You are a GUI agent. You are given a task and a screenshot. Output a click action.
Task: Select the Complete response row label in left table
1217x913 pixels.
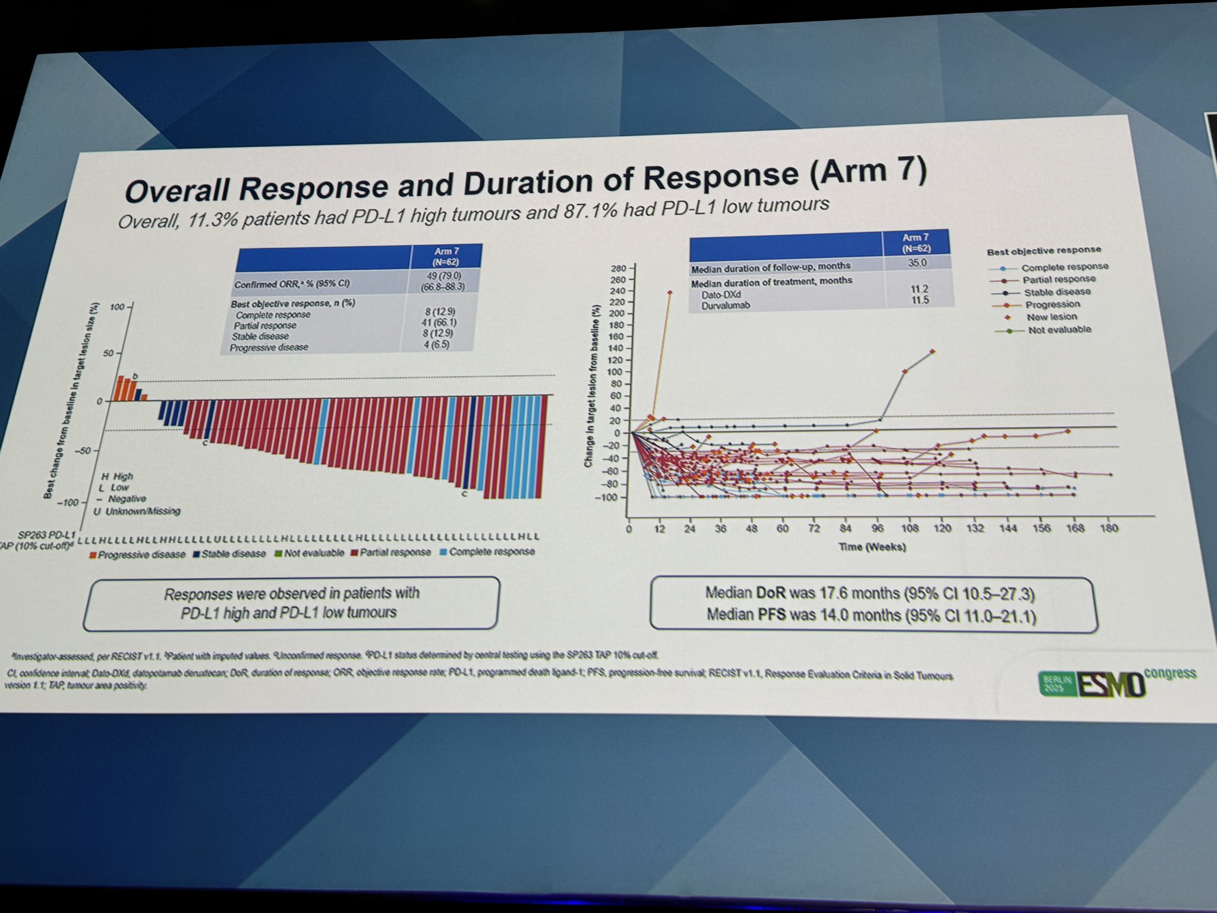pos(273,315)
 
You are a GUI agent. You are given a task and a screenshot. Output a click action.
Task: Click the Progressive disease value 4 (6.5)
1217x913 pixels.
pos(436,345)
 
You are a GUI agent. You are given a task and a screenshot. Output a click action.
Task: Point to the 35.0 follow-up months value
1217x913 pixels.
pos(917,263)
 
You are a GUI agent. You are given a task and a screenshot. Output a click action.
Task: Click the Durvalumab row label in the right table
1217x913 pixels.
pos(726,306)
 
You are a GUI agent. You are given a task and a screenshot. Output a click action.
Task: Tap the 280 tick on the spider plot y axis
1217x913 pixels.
pos(618,269)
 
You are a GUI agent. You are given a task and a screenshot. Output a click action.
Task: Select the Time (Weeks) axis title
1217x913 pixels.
pos(872,547)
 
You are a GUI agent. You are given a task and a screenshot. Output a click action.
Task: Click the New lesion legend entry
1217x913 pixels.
pos(1051,317)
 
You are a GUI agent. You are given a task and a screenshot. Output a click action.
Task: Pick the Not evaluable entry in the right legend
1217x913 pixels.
pos(1059,330)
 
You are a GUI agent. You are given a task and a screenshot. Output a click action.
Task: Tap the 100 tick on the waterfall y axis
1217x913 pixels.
pos(117,307)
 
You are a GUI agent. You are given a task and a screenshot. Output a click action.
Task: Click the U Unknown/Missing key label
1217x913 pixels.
pos(137,511)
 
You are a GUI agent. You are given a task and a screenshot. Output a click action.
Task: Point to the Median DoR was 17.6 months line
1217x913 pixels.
pos(870,594)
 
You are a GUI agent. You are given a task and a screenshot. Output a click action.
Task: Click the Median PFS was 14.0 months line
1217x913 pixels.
pos(871,615)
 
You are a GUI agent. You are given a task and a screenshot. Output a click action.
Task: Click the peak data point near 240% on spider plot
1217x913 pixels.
pos(670,292)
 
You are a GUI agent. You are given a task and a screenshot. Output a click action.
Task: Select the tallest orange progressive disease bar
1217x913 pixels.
pos(120,388)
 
